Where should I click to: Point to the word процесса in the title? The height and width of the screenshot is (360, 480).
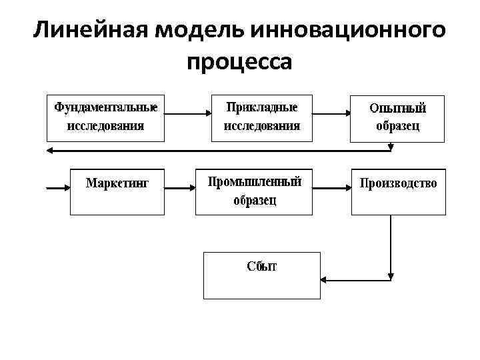[x=239, y=63]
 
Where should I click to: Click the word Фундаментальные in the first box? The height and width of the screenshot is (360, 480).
[x=106, y=107]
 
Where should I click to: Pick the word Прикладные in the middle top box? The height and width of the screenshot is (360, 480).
[x=262, y=107]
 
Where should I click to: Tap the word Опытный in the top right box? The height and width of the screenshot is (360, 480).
[x=397, y=108]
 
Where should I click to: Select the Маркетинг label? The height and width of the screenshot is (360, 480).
[x=117, y=183]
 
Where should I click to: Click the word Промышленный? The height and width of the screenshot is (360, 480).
[x=255, y=182]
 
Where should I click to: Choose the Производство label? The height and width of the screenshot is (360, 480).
[x=399, y=183]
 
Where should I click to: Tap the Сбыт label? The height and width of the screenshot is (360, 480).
[x=262, y=267]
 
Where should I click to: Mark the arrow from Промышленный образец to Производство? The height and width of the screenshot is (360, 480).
[x=331, y=189]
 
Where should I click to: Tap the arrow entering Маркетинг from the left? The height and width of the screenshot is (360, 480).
[x=57, y=189]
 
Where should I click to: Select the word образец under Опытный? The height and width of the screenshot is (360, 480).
[x=398, y=126]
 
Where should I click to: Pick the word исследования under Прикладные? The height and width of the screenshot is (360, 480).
[x=262, y=125]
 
